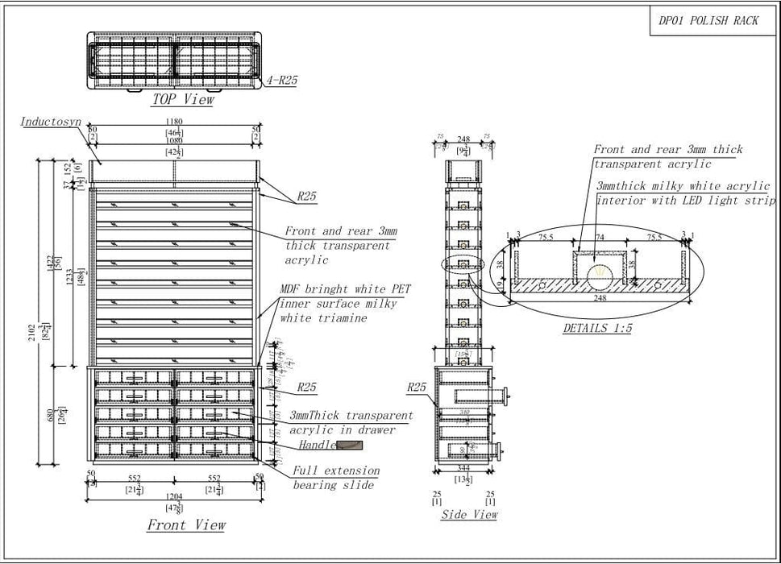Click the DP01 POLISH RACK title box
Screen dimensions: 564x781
click(x=708, y=21)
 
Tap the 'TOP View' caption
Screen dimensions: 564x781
click(x=183, y=99)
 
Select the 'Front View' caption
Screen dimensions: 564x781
click(x=185, y=525)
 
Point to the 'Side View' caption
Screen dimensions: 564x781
click(x=469, y=514)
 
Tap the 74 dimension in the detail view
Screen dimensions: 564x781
click(x=600, y=238)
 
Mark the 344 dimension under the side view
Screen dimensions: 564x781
click(x=463, y=468)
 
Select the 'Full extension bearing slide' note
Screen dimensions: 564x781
click(x=335, y=478)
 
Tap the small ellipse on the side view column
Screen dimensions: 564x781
click(x=460, y=264)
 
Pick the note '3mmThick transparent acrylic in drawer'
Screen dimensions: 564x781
click(x=350, y=423)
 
